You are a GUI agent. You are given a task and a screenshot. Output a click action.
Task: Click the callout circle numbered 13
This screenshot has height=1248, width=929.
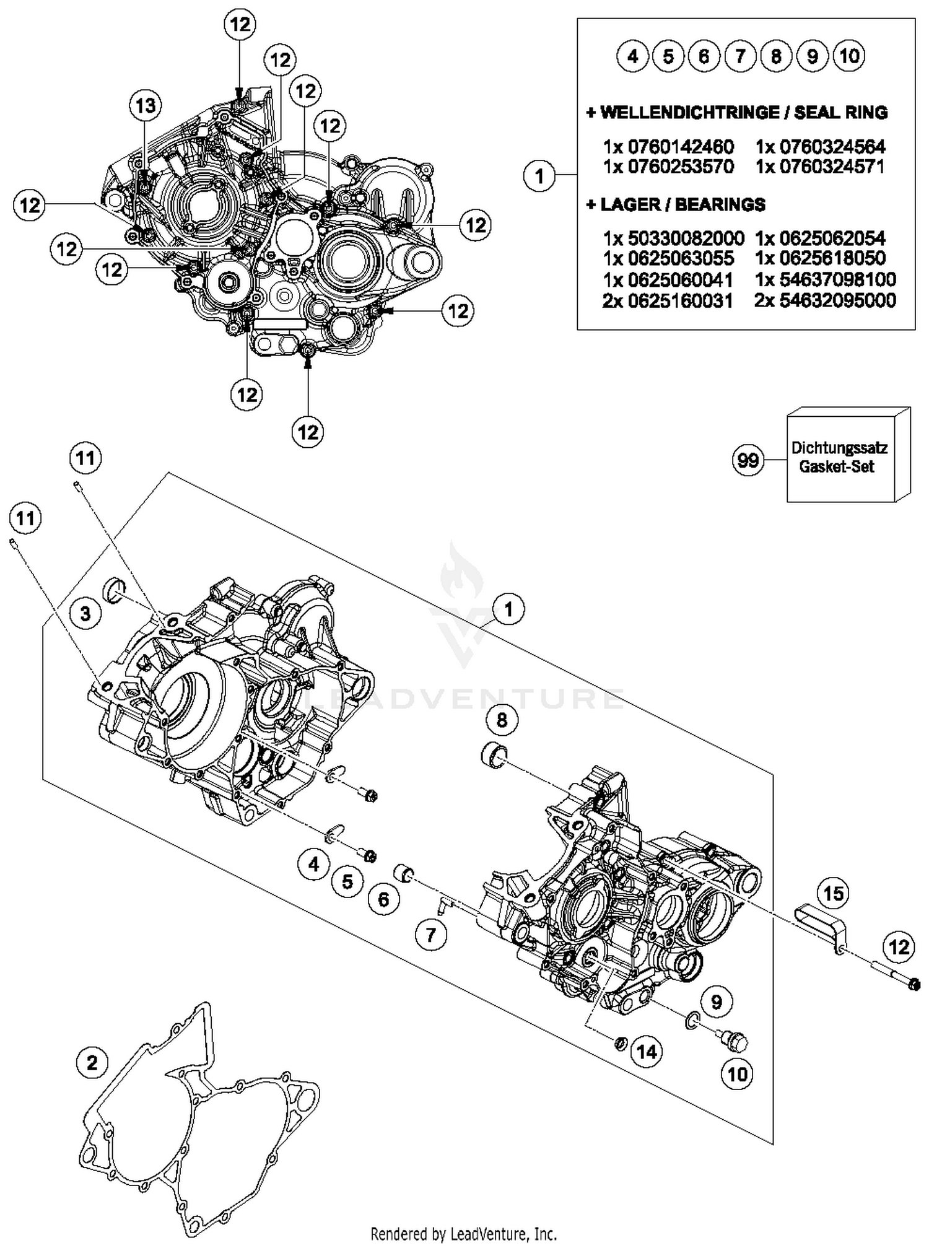pyautogui.click(x=146, y=106)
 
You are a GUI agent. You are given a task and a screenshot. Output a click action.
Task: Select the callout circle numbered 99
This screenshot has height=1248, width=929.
pyautogui.click(x=748, y=461)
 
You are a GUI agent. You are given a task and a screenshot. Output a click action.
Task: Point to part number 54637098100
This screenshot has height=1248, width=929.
pyautogui.click(x=825, y=279)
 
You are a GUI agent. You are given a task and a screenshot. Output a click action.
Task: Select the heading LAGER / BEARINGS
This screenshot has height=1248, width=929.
pyautogui.click(x=676, y=204)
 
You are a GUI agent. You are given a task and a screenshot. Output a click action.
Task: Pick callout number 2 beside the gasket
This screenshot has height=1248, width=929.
pyautogui.click(x=92, y=1063)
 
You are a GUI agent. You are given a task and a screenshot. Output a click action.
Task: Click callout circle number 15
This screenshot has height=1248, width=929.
pyautogui.click(x=834, y=893)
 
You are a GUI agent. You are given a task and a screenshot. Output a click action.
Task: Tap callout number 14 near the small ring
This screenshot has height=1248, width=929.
pyautogui.click(x=647, y=1051)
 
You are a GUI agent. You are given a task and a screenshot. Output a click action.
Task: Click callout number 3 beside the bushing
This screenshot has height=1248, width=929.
pyautogui.click(x=85, y=613)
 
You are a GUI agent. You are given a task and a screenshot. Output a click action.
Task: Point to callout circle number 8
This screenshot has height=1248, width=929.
pyautogui.click(x=502, y=720)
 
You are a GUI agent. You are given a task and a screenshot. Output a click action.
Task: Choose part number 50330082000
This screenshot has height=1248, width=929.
pyautogui.click(x=673, y=238)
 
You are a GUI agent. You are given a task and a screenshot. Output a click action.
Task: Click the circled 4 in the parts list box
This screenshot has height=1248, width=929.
pyautogui.click(x=632, y=56)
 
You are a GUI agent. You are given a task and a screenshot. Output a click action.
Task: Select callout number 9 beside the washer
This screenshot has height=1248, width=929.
pyautogui.click(x=717, y=1001)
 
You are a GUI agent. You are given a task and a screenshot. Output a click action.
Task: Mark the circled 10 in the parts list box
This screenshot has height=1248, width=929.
pyautogui.click(x=849, y=56)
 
